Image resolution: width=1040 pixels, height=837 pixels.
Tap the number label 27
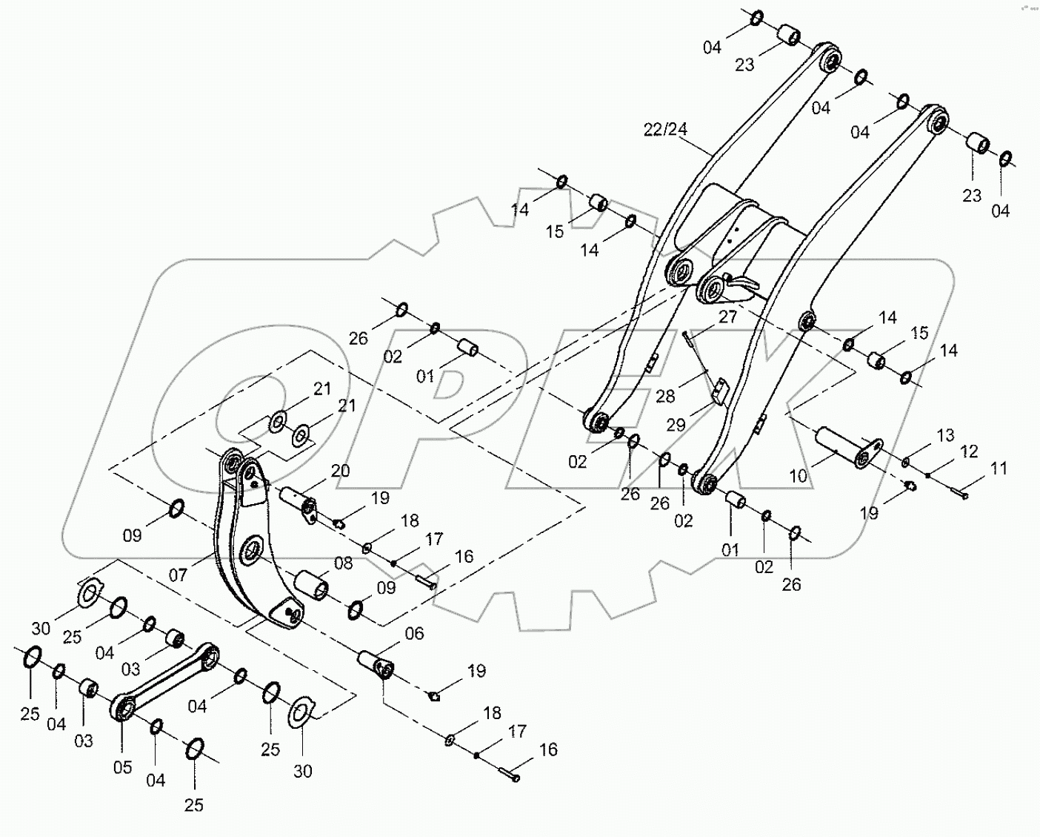[x=728, y=317]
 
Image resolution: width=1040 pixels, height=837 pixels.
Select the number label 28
[x=665, y=397]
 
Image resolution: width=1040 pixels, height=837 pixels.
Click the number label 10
[x=799, y=476]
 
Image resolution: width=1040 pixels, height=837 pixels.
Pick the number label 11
[x=999, y=469]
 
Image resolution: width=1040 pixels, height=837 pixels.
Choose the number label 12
[x=969, y=451]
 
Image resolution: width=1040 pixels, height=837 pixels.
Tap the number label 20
[x=340, y=471]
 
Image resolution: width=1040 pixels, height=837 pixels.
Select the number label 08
[x=343, y=563]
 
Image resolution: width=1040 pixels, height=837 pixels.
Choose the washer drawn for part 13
[x=906, y=463]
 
